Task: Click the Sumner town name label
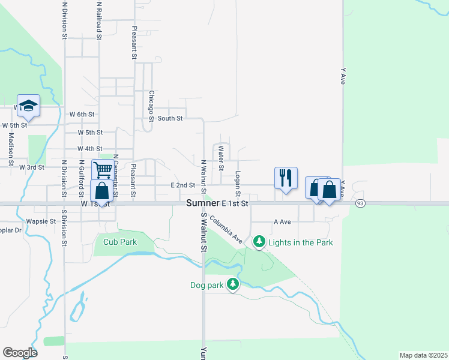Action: click(202, 203)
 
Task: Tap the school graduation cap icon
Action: click(28, 106)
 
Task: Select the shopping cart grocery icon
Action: click(101, 170)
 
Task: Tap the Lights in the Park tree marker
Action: click(259, 242)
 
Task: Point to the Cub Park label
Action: click(120, 242)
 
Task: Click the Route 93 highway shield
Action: click(360, 203)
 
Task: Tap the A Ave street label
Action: click(282, 221)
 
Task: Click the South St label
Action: click(170, 118)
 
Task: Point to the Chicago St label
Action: click(152, 106)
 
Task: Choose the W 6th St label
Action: click(82, 113)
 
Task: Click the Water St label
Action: click(221, 154)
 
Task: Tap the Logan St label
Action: click(238, 184)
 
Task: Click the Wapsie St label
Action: click(44, 221)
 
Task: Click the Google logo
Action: click(20, 353)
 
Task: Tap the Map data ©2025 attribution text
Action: click(423, 355)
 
